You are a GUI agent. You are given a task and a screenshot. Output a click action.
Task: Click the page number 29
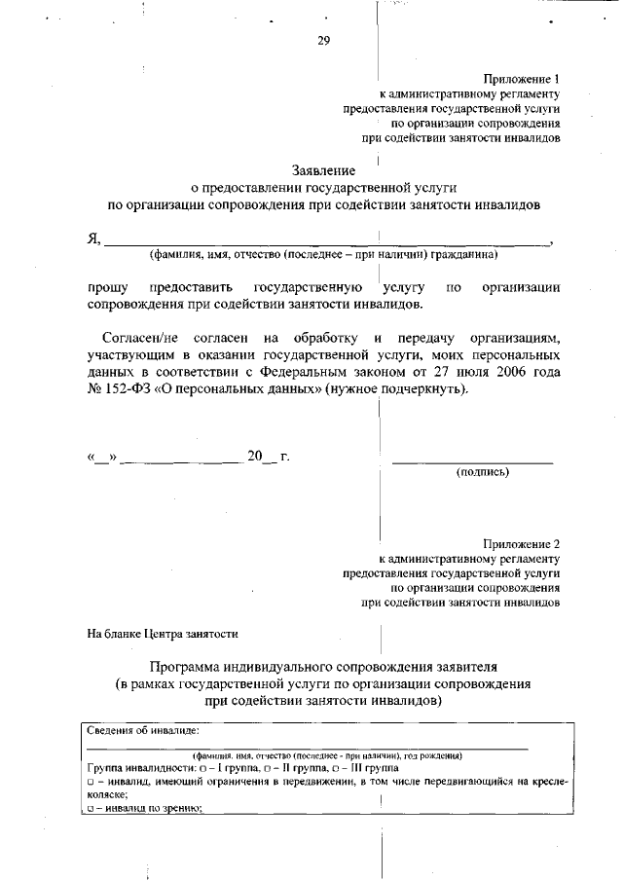tap(323, 40)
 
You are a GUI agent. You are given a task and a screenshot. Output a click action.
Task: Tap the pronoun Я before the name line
tap(93, 239)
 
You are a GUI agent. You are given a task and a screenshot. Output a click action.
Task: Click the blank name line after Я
tap(326, 243)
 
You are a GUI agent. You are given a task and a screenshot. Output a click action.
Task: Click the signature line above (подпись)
tap(472, 460)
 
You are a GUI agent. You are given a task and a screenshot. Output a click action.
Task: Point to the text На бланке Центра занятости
tap(163, 634)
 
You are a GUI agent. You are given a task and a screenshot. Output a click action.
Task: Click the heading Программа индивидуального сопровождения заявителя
tap(323, 667)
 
